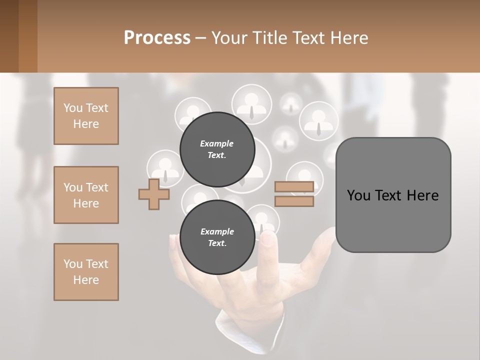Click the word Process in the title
(x=157, y=38)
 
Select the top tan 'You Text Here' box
(x=86, y=116)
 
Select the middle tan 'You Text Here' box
(x=86, y=195)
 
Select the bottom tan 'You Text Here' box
(x=86, y=272)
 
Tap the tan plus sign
(x=154, y=194)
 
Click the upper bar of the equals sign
(x=294, y=187)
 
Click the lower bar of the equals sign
(x=294, y=201)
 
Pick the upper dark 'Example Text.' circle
(x=217, y=149)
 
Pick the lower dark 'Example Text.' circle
(x=217, y=237)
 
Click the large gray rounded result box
(x=393, y=195)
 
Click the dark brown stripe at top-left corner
(x=9, y=36)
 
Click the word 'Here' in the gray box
(x=423, y=195)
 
